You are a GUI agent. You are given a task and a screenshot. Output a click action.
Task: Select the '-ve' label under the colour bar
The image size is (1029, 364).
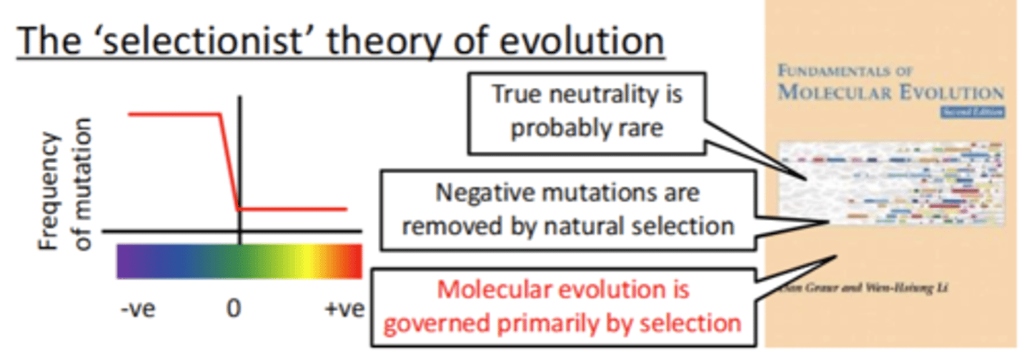click(x=138, y=309)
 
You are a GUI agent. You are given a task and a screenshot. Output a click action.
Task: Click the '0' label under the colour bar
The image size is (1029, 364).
click(x=234, y=309)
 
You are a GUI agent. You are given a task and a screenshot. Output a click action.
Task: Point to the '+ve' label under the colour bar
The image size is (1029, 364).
click(x=342, y=309)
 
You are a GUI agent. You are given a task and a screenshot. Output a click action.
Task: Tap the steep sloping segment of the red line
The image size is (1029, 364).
click(x=229, y=161)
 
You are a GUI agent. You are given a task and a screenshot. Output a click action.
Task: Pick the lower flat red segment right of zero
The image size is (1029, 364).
click(x=293, y=210)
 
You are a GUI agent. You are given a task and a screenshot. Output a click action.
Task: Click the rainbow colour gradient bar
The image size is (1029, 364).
click(x=239, y=261)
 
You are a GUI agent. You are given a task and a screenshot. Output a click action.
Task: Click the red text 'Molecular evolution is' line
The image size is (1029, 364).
click(x=563, y=290)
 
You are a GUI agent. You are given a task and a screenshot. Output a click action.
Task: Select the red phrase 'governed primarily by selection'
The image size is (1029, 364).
click(x=563, y=323)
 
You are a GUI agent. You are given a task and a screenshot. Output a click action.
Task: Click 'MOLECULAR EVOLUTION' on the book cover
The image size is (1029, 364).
click(x=890, y=92)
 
